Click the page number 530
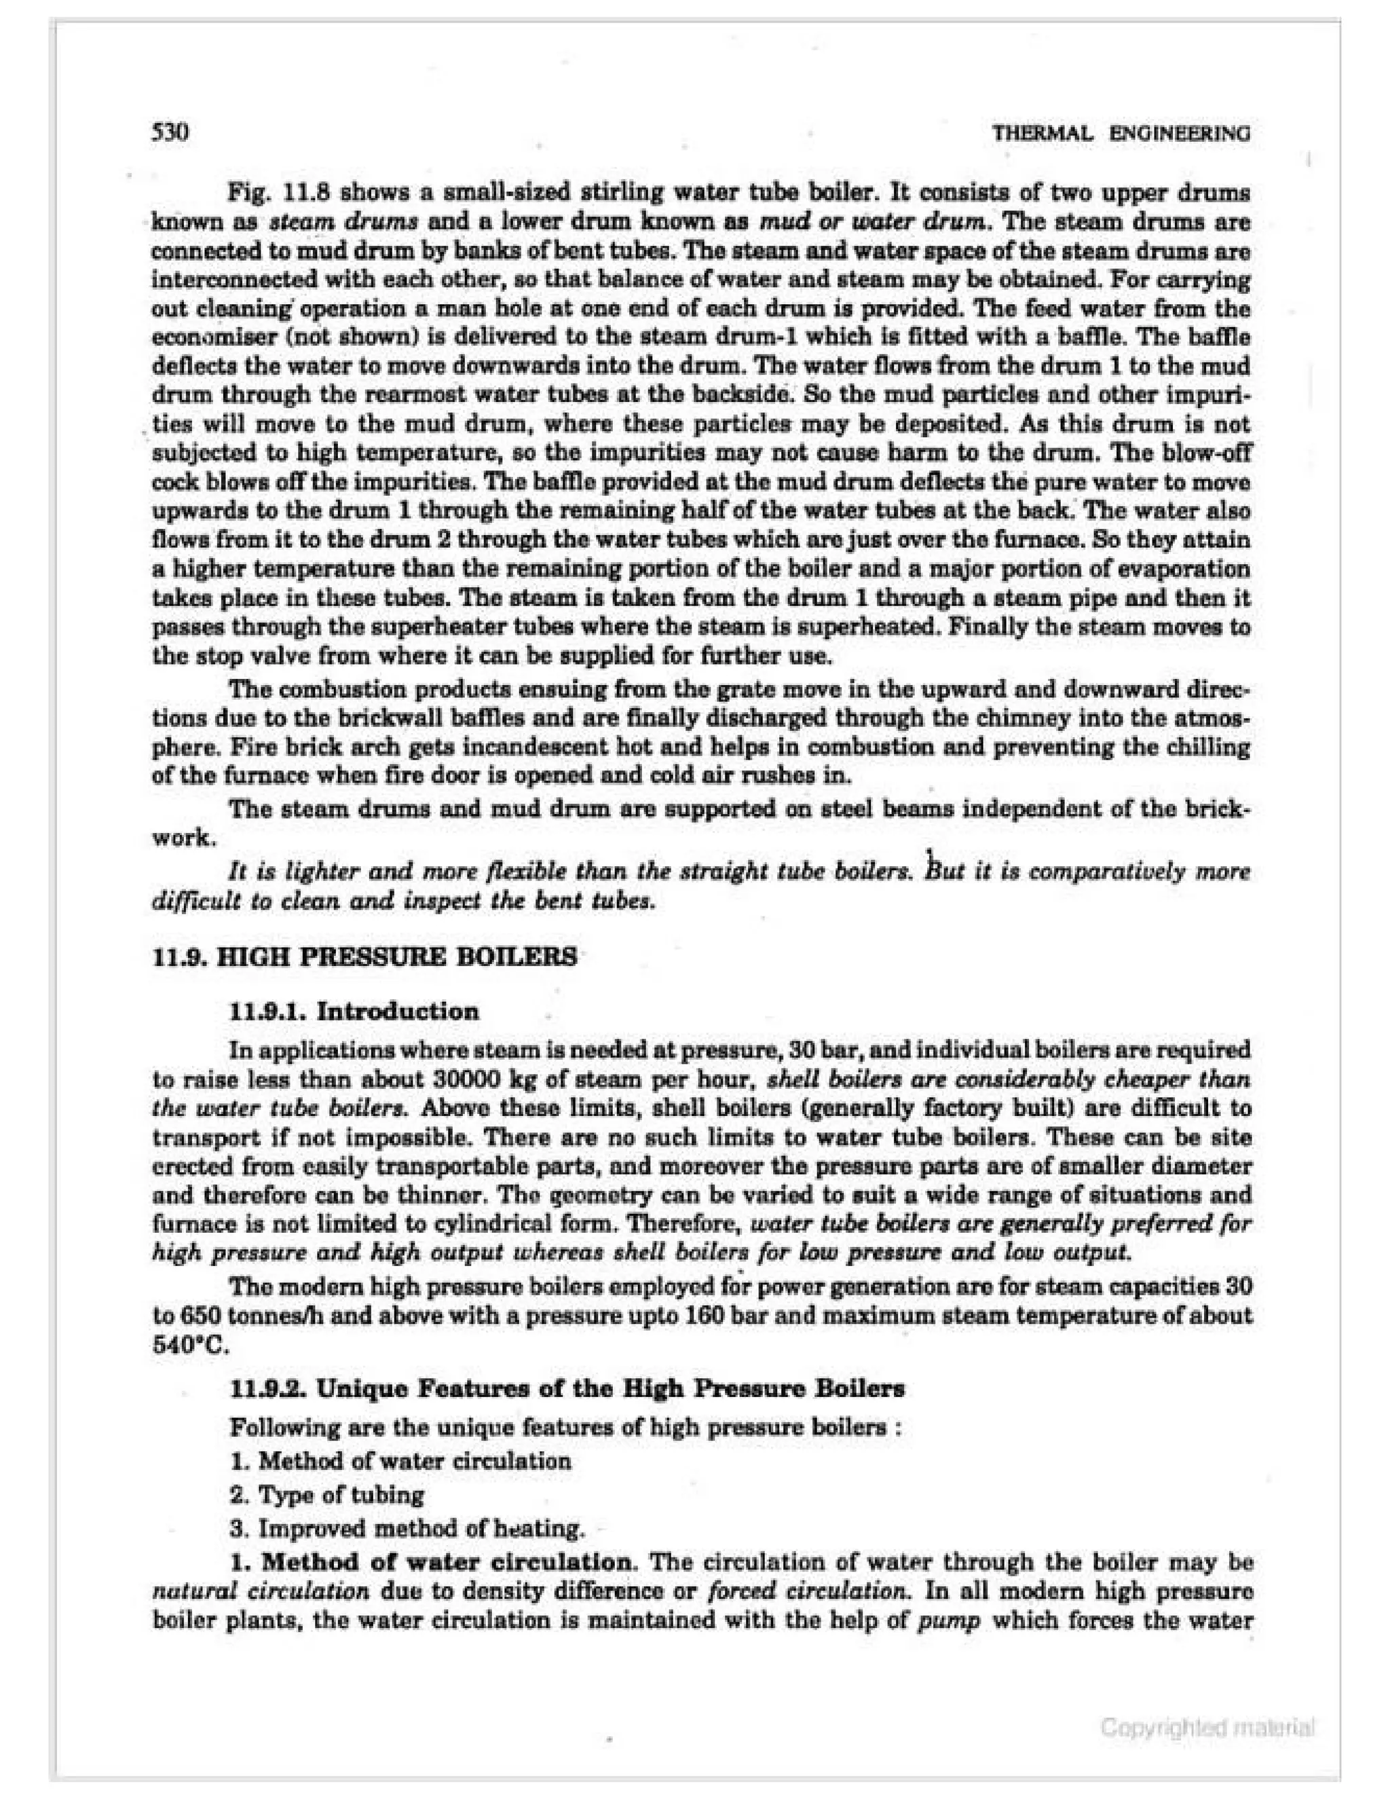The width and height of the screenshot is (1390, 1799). [171, 132]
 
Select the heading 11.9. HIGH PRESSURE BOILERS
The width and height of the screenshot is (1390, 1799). [364, 957]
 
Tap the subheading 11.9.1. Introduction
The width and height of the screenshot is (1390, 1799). [355, 1012]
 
